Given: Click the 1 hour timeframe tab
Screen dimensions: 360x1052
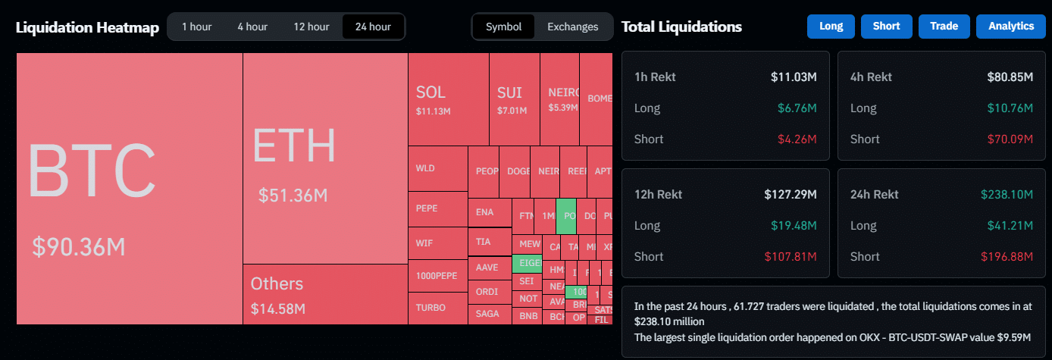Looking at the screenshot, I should (x=196, y=27).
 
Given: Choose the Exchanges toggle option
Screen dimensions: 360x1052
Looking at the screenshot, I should (x=572, y=27).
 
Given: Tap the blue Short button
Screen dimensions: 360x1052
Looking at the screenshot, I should (x=886, y=27).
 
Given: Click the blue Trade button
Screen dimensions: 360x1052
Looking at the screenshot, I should (x=944, y=27).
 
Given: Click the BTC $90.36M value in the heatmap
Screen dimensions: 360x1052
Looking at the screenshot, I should (x=78, y=246).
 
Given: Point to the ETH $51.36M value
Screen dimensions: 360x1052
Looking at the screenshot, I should (x=293, y=196).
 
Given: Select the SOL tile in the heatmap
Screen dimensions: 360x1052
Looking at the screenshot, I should (x=448, y=99).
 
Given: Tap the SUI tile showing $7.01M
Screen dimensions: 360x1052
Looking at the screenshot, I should (x=514, y=99).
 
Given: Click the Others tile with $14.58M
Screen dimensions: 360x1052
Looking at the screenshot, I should (x=325, y=294).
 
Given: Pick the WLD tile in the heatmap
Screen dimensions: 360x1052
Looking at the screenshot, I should (x=437, y=167).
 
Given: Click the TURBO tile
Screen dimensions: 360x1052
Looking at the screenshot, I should (x=437, y=308).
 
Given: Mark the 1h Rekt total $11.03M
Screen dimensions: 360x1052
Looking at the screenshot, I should (x=793, y=77).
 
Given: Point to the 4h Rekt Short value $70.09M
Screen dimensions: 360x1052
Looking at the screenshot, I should (x=1010, y=139).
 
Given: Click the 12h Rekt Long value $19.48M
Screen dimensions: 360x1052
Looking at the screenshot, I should (x=794, y=225).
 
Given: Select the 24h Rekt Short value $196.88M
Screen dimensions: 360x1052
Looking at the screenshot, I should (x=1007, y=256).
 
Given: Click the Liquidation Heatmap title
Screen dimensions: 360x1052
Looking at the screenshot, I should (x=87, y=28).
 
